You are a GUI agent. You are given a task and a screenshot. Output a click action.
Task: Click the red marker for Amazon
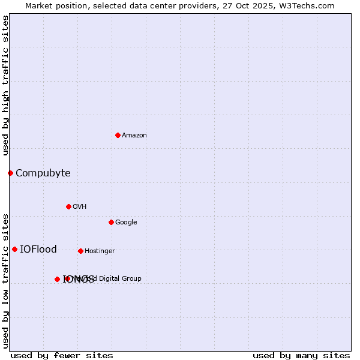118,135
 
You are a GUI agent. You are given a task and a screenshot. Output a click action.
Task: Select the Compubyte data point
10,173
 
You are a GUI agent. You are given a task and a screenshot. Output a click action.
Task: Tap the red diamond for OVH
68,206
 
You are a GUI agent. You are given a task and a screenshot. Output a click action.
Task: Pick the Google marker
111,222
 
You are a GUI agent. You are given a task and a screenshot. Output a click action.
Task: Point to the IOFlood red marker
14,249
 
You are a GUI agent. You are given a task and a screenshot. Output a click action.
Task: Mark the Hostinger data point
80,251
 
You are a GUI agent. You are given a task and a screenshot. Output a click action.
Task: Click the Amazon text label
134,136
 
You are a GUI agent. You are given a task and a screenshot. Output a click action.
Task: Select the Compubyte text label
43,173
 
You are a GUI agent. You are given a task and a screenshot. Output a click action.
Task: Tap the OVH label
80,207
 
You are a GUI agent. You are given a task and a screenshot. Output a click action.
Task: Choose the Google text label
126,223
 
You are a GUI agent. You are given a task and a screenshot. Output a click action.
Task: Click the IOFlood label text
38,250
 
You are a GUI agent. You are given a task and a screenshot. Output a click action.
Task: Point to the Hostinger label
100,251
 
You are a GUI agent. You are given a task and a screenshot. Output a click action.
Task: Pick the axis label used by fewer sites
62,356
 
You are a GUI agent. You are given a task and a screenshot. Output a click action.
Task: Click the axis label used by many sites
301,356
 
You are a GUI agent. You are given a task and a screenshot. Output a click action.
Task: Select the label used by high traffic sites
6,85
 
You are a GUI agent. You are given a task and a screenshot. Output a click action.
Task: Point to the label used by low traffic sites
6,280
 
